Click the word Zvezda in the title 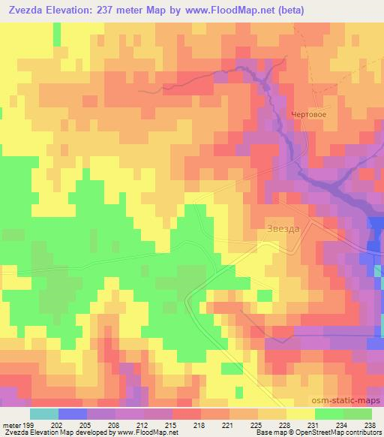coord(27,8)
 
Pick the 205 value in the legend coord(88,426)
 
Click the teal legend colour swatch coord(43,414)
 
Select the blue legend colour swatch coord(73,414)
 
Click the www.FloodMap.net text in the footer coord(145,433)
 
